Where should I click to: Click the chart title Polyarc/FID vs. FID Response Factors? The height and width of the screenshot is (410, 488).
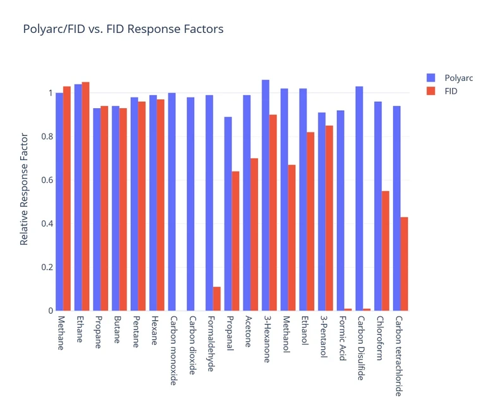point(123,29)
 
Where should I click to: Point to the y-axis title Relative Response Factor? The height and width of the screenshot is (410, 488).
point(24,189)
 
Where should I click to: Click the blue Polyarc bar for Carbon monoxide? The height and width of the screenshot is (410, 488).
point(172,202)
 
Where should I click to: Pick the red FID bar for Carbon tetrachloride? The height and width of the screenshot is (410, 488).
point(404,264)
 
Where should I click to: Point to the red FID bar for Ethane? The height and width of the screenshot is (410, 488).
point(85,196)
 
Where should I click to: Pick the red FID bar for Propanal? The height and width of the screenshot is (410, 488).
point(235,241)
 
